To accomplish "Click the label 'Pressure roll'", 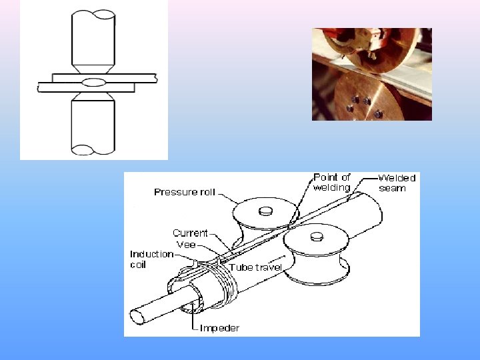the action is point(185,192).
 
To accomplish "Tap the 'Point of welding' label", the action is point(331,182).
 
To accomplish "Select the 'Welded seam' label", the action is point(396,183).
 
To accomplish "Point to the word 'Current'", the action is point(190,233).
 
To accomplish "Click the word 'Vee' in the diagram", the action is point(186,245).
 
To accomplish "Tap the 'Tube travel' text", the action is point(256,267).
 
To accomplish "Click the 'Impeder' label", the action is point(219,328).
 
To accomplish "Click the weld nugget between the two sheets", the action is point(94,82).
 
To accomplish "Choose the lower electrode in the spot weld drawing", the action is point(93,123).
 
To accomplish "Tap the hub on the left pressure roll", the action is point(265,211).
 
